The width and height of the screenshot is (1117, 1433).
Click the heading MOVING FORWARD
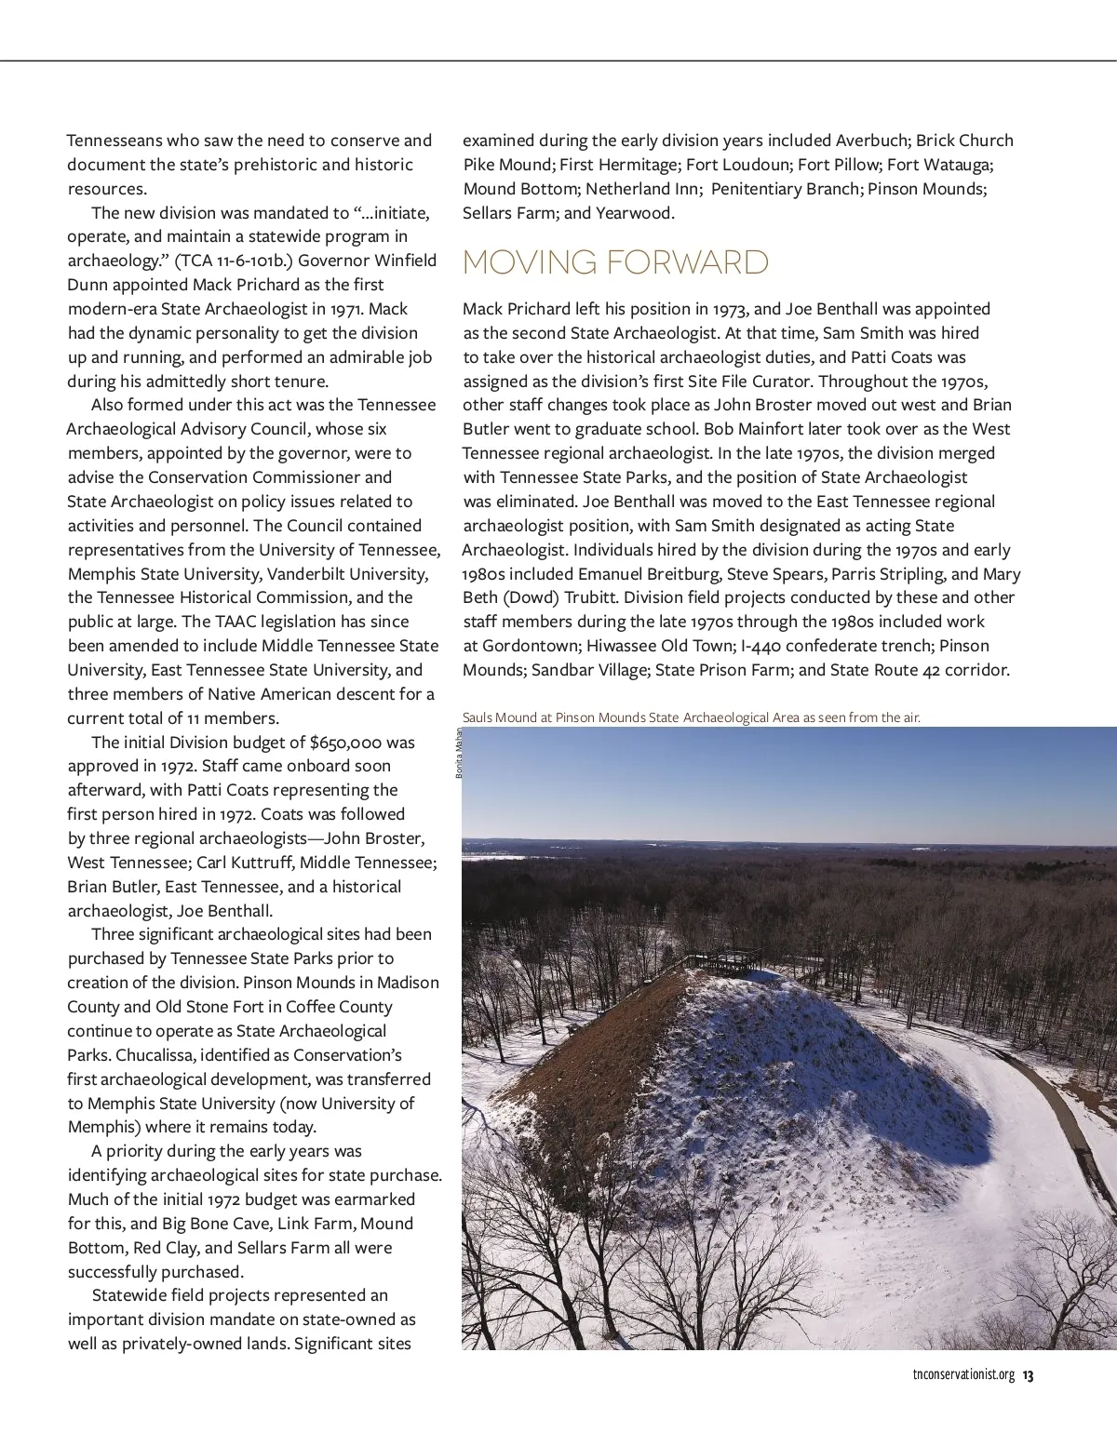point(615,262)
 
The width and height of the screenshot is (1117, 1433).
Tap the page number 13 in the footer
point(1029,1375)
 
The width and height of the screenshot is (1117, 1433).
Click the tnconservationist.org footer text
point(963,1375)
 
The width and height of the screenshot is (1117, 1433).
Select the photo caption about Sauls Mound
point(691,717)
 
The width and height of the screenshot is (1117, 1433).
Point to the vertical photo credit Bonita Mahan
point(459,753)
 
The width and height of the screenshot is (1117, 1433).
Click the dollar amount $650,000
point(345,743)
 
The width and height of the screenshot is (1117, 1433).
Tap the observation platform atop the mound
point(724,960)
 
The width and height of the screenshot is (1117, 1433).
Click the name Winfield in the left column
point(402,261)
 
